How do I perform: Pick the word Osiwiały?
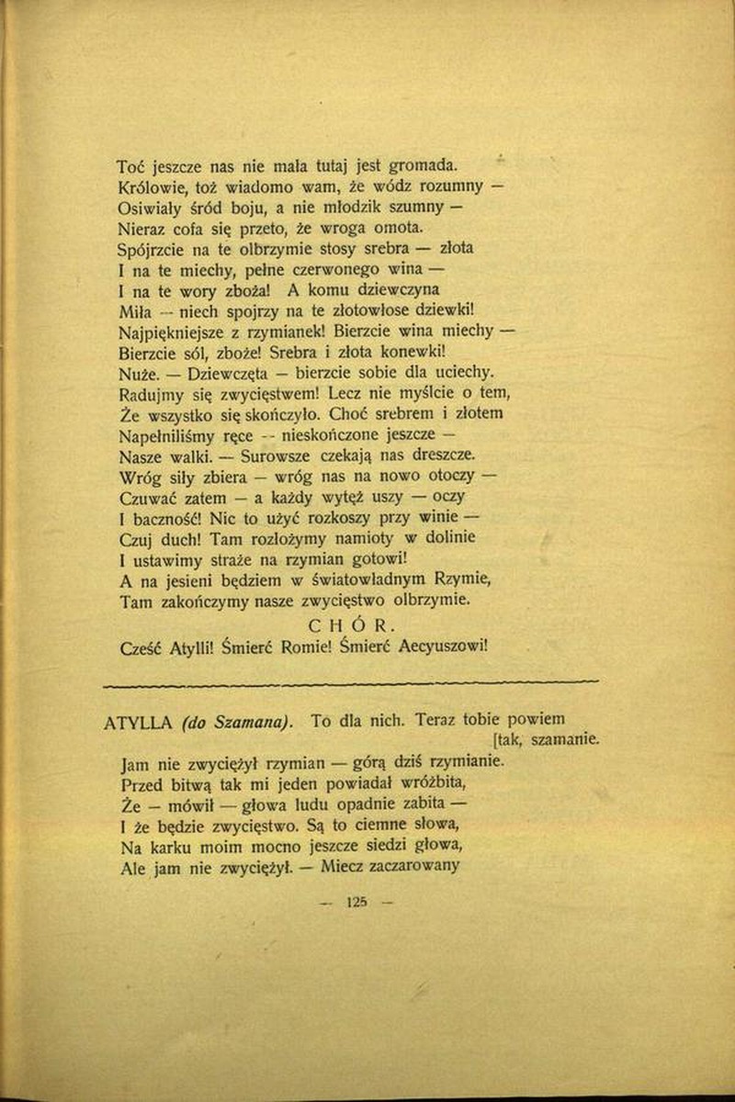pyautogui.click(x=153, y=208)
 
